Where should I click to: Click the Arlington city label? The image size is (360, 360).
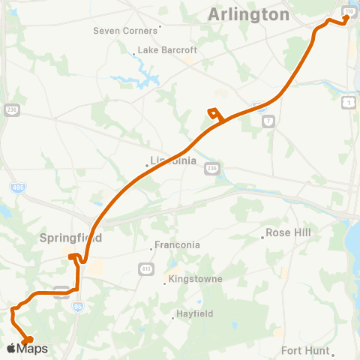point(248,14)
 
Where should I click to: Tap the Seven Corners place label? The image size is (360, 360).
point(125,31)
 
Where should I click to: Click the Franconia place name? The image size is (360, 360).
point(177,244)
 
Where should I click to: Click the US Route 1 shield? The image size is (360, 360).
point(349,101)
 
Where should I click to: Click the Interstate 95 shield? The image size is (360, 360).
point(79,306)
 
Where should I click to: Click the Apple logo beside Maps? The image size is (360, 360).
point(10,348)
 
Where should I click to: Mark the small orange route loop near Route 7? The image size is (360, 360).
point(216,115)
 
